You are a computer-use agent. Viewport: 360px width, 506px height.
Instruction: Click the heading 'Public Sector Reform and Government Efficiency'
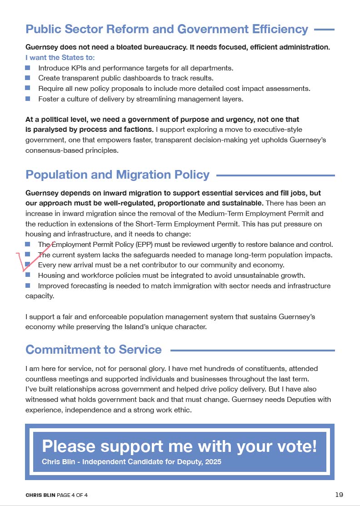(167, 30)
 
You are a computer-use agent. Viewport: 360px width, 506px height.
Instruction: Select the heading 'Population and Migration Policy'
(117, 175)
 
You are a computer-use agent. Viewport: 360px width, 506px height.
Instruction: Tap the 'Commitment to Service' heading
(93, 350)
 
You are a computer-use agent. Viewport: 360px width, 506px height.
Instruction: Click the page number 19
(339, 495)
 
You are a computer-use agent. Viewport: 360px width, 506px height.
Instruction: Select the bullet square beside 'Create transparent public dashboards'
(28, 78)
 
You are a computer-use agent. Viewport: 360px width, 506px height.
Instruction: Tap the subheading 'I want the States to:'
(60, 58)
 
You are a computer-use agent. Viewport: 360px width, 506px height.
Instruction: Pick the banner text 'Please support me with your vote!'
(180, 446)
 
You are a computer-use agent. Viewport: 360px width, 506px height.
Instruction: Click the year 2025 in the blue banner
(213, 462)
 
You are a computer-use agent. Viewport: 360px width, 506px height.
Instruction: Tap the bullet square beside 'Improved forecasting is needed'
(28, 286)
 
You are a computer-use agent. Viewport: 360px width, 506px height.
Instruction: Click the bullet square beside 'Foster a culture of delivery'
(28, 98)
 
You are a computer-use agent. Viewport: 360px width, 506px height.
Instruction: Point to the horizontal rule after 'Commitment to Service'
(252, 351)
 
